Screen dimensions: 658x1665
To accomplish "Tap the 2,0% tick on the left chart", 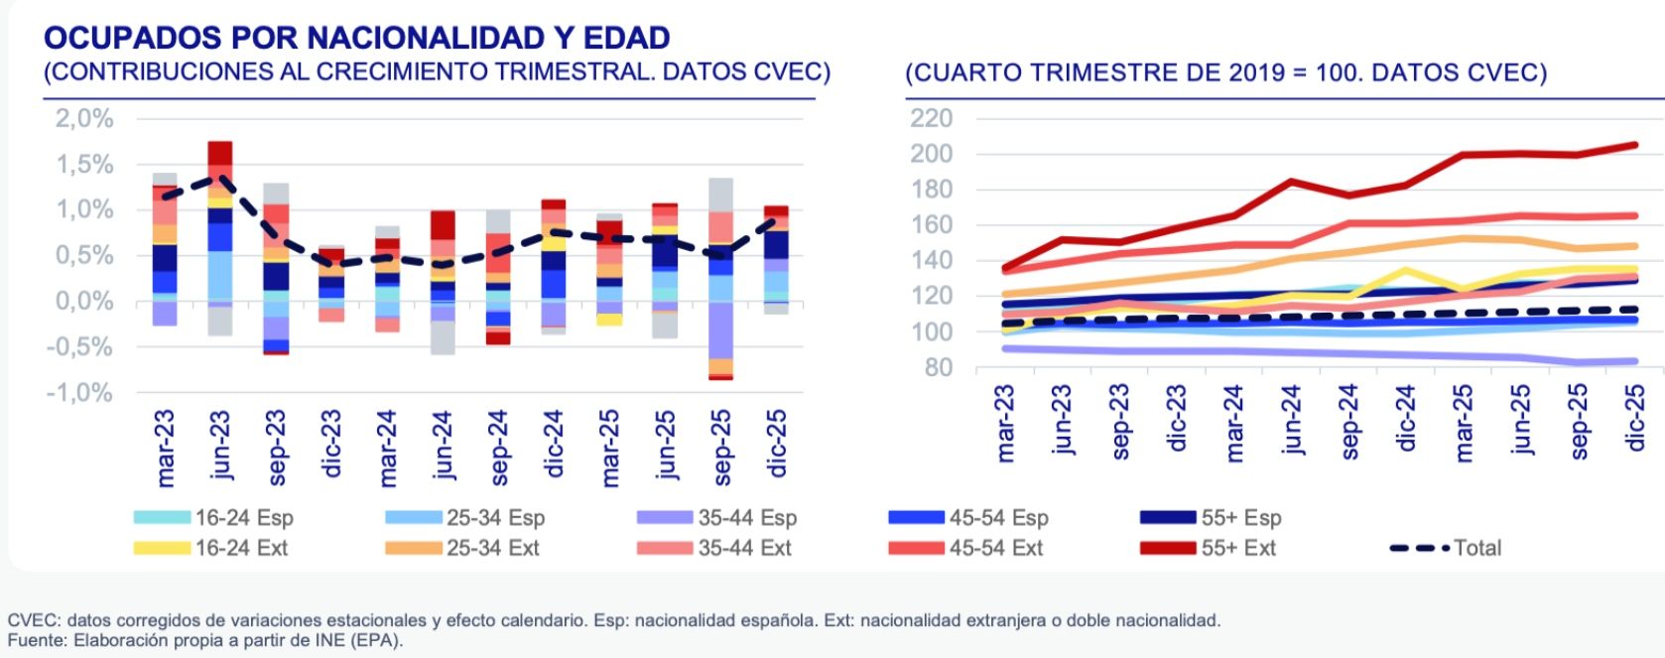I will coord(84,118).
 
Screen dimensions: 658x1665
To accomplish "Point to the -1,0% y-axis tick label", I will coord(79,393).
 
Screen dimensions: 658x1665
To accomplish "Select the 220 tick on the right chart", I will coord(931,118).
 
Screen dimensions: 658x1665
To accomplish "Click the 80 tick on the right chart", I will coord(939,368).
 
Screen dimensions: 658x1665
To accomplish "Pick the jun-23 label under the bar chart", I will coord(220,446).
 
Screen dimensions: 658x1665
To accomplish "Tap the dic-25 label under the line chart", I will coord(1635,418).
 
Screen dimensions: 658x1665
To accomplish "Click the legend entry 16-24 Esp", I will coord(243,518).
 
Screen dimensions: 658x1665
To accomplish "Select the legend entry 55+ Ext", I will coord(1237,548).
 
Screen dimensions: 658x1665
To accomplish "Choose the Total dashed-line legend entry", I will coord(1476,548).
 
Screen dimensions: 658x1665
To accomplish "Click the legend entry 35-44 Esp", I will coord(746,518).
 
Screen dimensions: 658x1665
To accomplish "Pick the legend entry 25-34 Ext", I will coord(492,548).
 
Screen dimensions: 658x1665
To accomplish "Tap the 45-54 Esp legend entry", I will coord(997,518).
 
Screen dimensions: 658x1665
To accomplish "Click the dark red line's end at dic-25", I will coord(1634,145).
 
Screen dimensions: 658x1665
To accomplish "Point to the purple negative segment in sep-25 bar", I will coord(721,330).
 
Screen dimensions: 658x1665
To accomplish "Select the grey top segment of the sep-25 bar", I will coord(721,195).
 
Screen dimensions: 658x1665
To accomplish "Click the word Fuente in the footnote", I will coord(33,640).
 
